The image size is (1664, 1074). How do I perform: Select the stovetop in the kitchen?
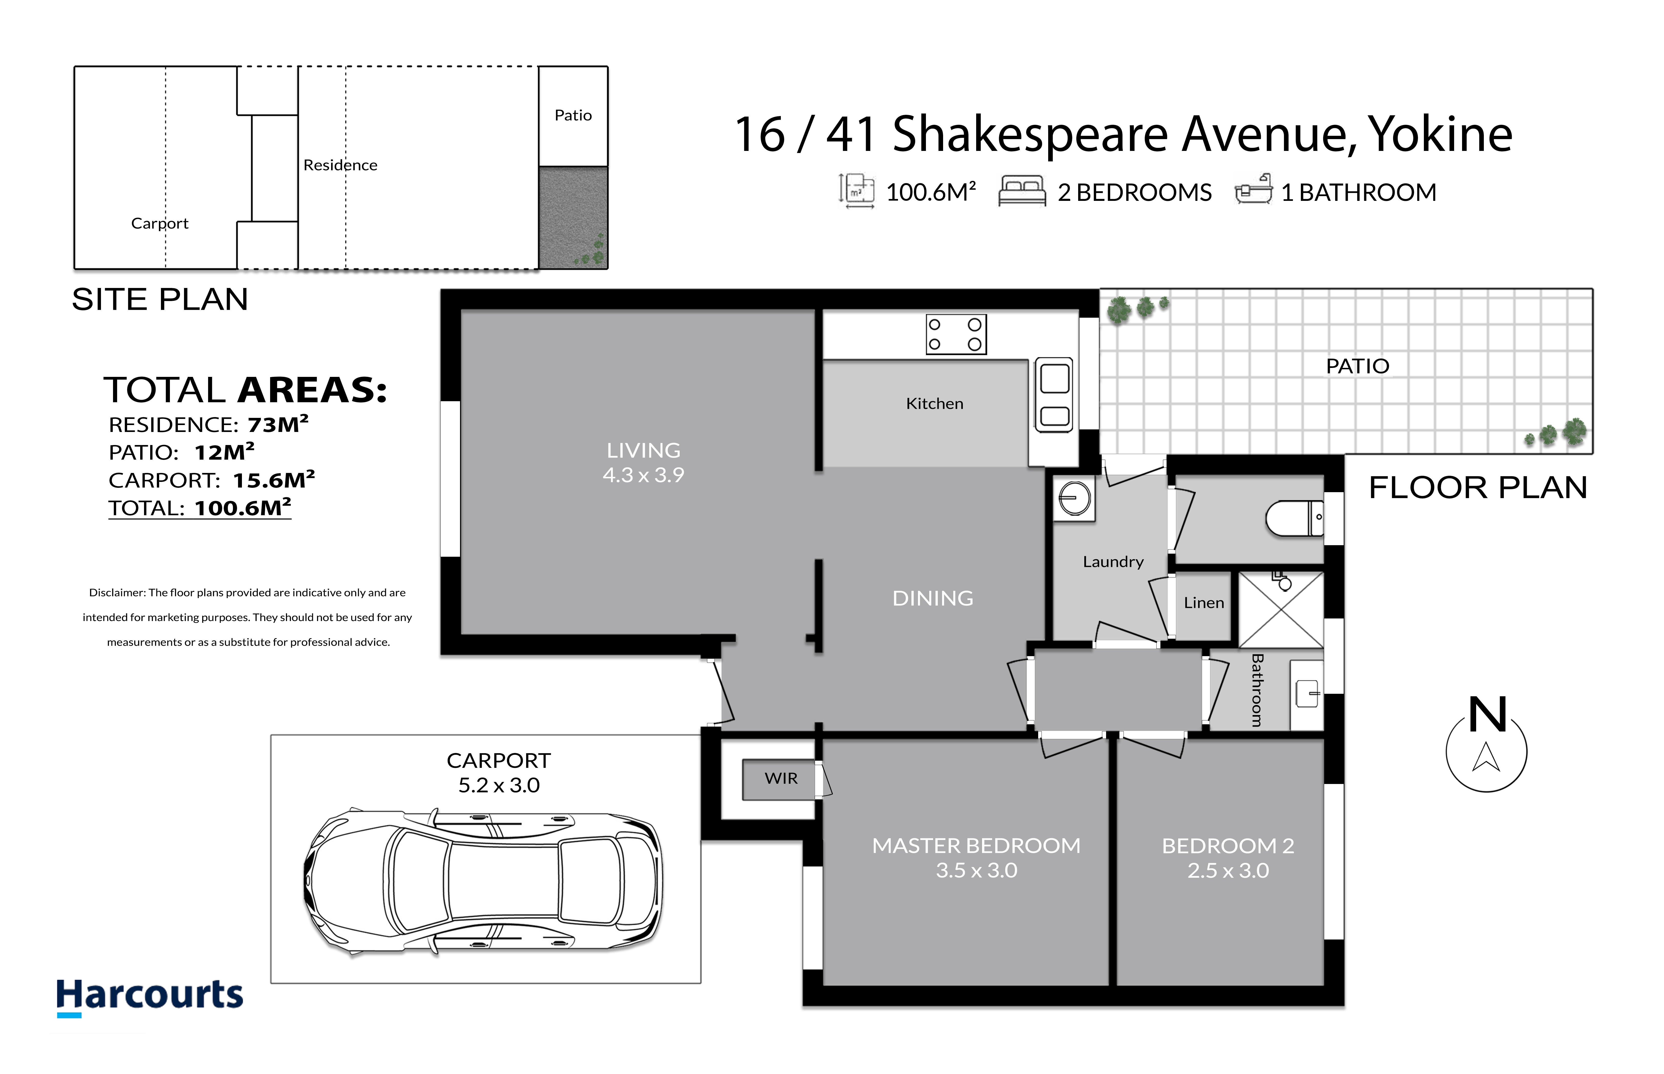(955, 334)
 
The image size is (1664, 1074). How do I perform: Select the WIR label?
(780, 778)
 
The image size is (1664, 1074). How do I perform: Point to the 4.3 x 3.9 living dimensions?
(643, 475)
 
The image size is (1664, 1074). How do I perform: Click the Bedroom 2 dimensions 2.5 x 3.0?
(1228, 870)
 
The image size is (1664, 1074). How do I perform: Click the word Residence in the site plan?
(340, 165)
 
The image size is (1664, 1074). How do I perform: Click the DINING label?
(932, 598)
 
